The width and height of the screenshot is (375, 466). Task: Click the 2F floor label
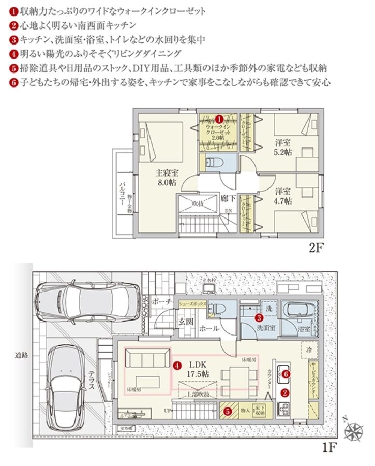click(316, 248)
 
